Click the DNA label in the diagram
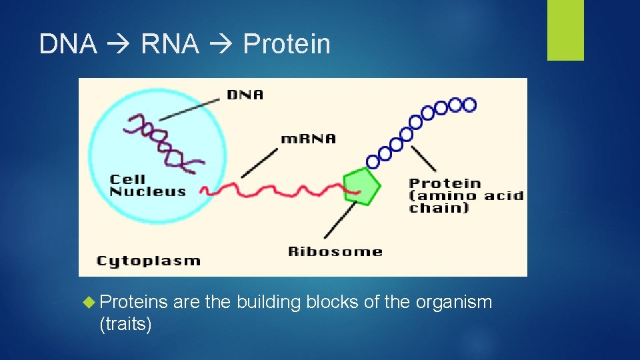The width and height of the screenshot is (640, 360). (x=245, y=95)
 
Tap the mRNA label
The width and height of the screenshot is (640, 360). (x=308, y=139)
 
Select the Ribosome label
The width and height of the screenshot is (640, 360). (x=335, y=251)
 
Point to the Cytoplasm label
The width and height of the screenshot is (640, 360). (x=148, y=260)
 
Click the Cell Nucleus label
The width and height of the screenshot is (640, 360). (x=147, y=185)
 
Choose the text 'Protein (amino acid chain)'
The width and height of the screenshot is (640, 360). (x=465, y=195)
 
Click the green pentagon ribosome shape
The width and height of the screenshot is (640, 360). (x=361, y=185)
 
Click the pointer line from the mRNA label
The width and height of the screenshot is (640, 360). (x=260, y=162)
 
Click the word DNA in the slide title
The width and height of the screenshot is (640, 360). (x=68, y=44)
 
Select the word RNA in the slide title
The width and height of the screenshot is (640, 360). (x=170, y=44)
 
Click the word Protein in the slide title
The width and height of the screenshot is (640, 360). (x=287, y=44)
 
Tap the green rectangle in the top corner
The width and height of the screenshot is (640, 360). (x=565, y=30)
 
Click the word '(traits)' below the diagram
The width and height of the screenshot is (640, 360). (x=125, y=325)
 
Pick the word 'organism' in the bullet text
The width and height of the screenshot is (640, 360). (x=453, y=302)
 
